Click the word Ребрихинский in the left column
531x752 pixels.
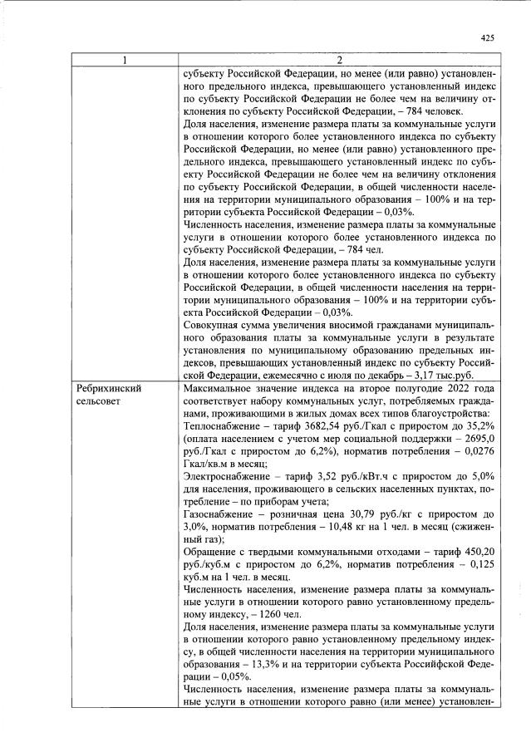pos(108,388)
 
